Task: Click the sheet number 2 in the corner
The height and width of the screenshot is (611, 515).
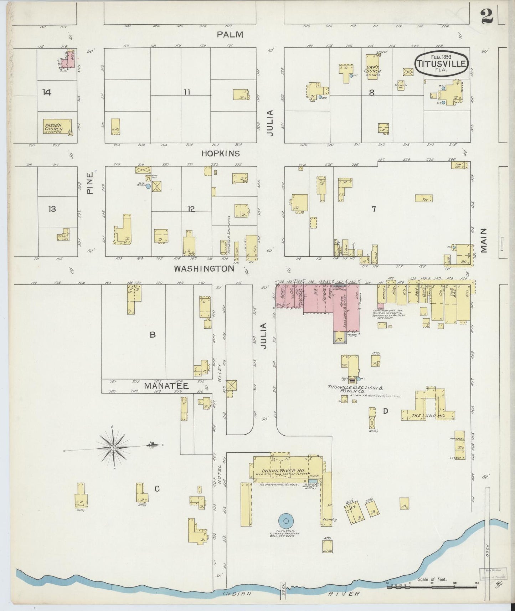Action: click(487, 16)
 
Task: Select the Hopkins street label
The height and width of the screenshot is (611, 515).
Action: click(221, 154)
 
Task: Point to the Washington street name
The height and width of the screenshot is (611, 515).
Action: click(204, 269)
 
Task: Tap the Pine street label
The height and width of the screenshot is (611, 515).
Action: click(91, 183)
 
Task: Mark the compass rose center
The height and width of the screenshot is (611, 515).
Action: click(113, 448)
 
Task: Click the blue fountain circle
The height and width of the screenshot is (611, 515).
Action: click(285, 521)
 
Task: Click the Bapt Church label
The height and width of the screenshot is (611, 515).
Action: click(372, 68)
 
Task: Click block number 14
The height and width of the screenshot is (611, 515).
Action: click(46, 93)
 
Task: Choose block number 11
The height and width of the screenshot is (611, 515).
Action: click(187, 92)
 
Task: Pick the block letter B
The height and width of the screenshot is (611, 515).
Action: click(153, 335)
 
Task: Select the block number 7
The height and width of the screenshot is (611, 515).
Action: click(374, 209)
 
